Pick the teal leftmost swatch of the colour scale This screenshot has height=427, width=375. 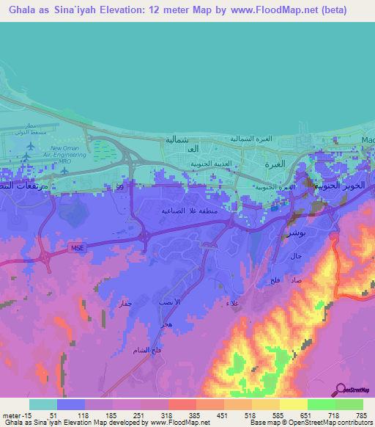43,404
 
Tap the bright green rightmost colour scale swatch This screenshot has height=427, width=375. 349,404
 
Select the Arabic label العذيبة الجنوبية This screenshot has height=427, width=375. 207,165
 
